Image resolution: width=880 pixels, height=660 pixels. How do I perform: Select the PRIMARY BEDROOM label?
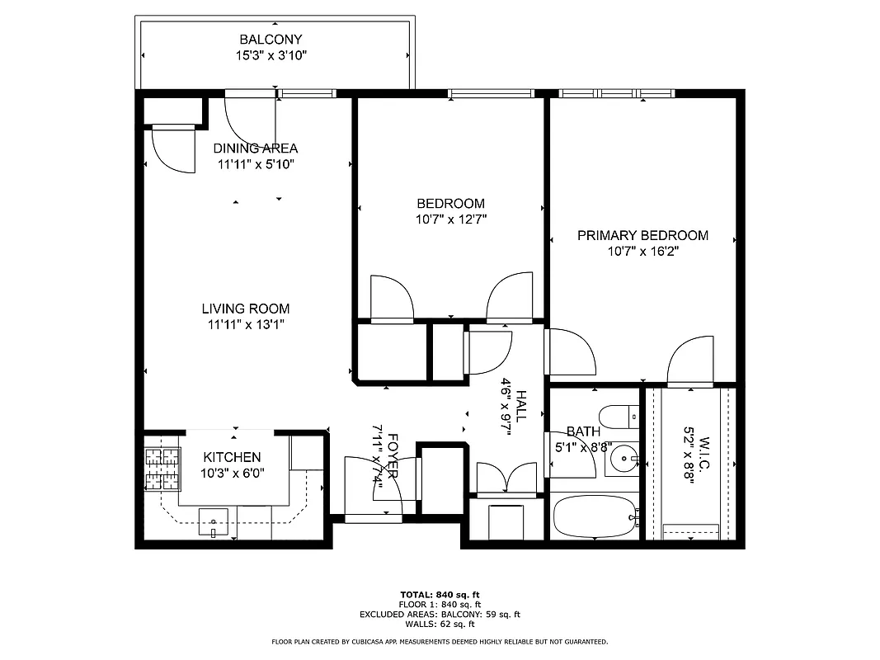(642, 235)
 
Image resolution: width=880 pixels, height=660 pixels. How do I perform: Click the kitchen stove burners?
(162, 468)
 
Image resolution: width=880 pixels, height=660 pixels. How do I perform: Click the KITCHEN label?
(233, 457)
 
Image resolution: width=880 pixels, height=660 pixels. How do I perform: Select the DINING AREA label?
(255, 148)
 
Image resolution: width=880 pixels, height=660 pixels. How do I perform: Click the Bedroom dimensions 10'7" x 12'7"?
(450, 220)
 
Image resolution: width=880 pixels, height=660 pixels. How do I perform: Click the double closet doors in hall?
(506, 478)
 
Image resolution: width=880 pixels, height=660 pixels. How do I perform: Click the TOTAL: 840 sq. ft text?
(440, 594)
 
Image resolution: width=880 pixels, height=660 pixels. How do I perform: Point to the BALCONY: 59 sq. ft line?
(440, 614)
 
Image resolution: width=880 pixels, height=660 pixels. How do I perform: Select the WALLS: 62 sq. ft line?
(440, 624)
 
